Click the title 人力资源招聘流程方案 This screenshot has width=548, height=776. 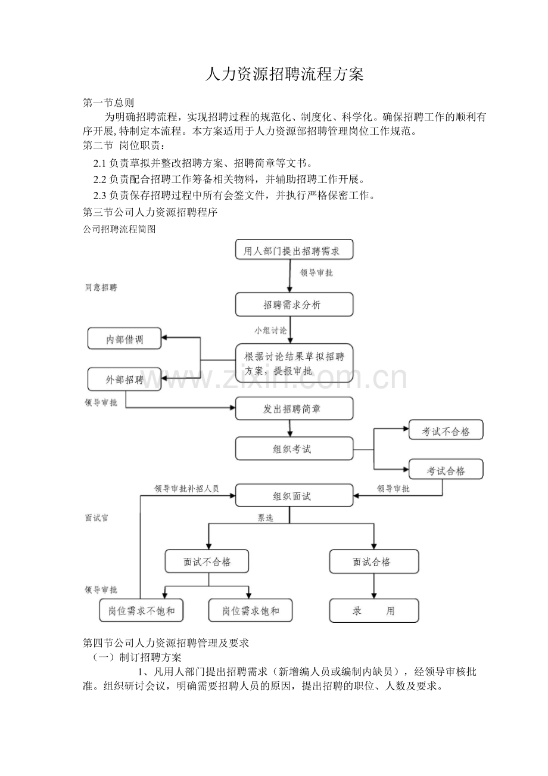(x=284, y=74)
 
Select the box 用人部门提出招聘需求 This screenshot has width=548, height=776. (x=294, y=249)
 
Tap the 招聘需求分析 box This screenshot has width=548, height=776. (x=294, y=305)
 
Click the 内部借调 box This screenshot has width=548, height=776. (x=124, y=339)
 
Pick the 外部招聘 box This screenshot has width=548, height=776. (x=124, y=379)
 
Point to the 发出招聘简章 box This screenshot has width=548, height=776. (x=294, y=409)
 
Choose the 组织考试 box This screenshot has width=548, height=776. (x=294, y=449)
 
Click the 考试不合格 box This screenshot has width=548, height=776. (x=446, y=430)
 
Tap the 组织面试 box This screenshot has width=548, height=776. (x=294, y=496)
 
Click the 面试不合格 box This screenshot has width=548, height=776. (x=207, y=561)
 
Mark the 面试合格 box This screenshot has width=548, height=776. (x=374, y=561)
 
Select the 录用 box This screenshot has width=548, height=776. (x=374, y=611)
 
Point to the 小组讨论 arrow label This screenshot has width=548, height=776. (x=270, y=331)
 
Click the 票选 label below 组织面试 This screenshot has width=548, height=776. (x=266, y=518)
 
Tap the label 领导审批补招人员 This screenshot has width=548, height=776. (x=186, y=489)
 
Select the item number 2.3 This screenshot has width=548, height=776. (x=99, y=195)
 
